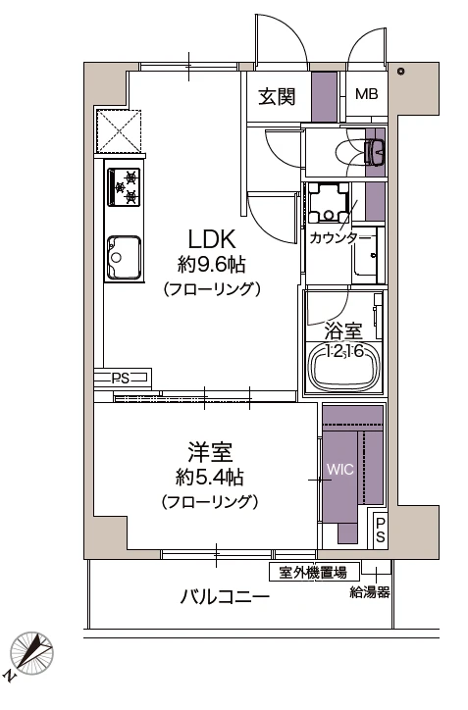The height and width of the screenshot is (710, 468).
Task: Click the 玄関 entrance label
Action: click(277, 96)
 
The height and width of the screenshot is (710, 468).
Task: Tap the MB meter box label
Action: click(367, 94)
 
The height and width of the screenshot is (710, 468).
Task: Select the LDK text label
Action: click(212, 239)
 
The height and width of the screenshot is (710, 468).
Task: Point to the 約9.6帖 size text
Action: click(212, 265)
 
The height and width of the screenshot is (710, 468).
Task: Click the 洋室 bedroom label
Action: click(210, 452)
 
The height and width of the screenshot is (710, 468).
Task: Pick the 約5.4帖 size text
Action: click(210, 478)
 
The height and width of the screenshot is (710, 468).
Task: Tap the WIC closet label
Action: click(340, 469)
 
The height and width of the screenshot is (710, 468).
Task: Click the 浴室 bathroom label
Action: click(343, 331)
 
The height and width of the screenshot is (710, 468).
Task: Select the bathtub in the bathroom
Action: click(343, 368)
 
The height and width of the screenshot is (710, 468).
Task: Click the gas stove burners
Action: click(124, 186)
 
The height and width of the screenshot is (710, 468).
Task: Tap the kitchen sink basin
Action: click(125, 257)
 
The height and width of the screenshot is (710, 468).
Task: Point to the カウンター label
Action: click(340, 237)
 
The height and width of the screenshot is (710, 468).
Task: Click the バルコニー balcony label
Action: click(225, 597)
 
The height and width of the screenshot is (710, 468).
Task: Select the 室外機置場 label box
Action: click(314, 573)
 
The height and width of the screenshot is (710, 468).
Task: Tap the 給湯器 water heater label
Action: click(370, 592)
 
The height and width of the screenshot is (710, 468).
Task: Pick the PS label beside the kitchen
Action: click(121, 379)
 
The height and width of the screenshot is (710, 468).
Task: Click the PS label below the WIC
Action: click(380, 530)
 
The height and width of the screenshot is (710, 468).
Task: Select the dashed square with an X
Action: click(119, 131)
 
